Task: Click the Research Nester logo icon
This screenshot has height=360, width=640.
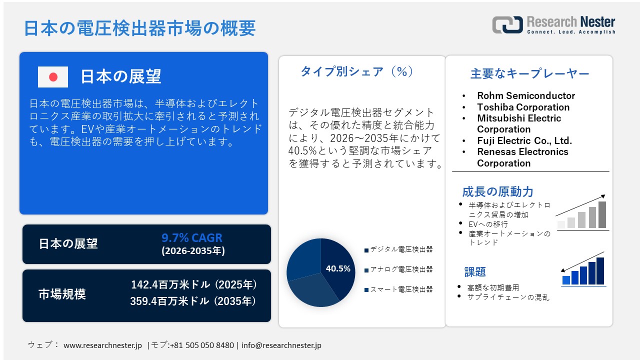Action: pos(507,25)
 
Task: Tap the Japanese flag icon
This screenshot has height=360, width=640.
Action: pos(53,77)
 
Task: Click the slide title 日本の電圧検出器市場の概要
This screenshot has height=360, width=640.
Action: pos(140,28)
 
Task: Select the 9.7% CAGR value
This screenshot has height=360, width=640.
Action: pos(192,238)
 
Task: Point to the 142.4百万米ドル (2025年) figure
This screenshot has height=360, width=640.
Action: pos(194,285)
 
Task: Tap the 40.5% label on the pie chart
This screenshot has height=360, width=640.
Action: pos(338,268)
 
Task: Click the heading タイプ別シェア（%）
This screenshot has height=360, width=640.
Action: pos(357,72)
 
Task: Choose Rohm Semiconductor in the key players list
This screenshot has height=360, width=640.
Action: pos(526,95)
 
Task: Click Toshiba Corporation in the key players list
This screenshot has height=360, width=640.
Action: pos(523,107)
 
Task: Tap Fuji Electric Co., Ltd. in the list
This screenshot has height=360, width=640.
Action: pos(524,140)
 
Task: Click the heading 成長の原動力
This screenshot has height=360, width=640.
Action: pos(497,191)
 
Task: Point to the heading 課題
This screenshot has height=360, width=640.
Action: pos(475,272)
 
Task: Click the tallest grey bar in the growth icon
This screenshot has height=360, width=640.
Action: pos(602,214)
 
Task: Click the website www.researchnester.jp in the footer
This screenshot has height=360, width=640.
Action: pos(103,345)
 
